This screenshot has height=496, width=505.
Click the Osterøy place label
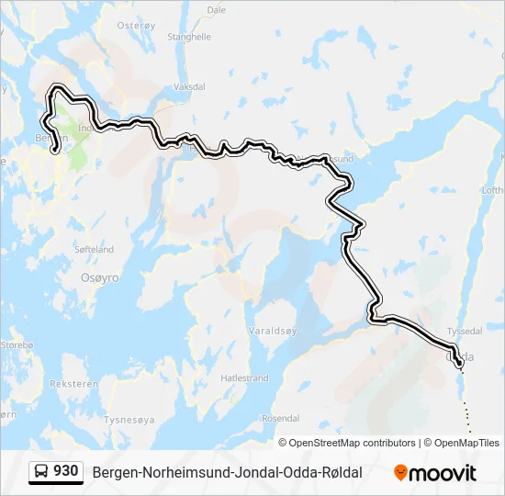pyautogui.click(x=137, y=26)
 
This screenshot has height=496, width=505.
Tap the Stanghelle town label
pyautogui.click(x=189, y=37)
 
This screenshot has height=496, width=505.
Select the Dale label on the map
pyautogui.click(x=217, y=10)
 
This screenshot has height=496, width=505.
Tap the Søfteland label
pyautogui.click(x=95, y=249)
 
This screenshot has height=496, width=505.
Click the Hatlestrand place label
pyautogui.click(x=245, y=378)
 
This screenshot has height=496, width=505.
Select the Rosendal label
pyautogui.click(x=281, y=418)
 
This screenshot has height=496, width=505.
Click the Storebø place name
pyautogui.click(x=17, y=344)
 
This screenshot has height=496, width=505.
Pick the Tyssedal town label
pyautogui.click(x=463, y=331)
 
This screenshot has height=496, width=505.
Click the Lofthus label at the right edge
pyautogui.click(x=491, y=189)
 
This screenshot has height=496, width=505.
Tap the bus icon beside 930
pyautogui.click(x=42, y=472)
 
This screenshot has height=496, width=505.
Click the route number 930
pyautogui.click(x=66, y=471)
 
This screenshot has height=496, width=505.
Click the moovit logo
pyautogui.click(x=435, y=473)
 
